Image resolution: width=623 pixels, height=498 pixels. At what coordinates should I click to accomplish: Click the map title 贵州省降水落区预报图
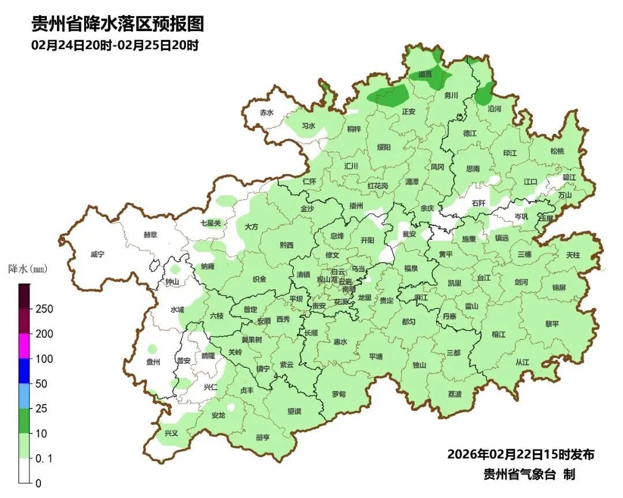pos(118,24)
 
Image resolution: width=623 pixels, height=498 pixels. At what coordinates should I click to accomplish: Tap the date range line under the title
pos(115,46)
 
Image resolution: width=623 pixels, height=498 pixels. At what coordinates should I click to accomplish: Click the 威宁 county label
pos(97,254)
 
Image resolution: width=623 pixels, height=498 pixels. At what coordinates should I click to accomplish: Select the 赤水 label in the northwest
pos(266,113)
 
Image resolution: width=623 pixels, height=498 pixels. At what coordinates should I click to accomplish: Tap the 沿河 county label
pos(494,108)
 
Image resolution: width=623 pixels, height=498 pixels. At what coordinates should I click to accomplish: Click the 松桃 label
pos(557,151)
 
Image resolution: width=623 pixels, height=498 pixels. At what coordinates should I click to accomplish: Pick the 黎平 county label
pos(552,324)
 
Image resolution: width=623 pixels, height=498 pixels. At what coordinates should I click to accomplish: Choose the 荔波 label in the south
pos(455,394)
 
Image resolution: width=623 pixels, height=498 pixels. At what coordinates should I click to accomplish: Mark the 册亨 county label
pos(262,437)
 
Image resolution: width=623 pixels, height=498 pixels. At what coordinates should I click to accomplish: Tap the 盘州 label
pos(153,362)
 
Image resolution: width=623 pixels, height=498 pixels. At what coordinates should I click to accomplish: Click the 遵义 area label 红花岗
pos(378,186)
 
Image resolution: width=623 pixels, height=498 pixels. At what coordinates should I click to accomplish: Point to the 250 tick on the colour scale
pos(44,309)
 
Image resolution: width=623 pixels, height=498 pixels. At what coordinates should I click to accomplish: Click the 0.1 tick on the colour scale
pos(44,458)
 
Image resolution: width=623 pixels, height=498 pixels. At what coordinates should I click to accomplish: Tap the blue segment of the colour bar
pos(24,371)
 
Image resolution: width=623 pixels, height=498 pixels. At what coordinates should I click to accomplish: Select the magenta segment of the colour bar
pos(24,346)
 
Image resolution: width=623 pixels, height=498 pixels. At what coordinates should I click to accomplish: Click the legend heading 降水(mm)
pos(28,269)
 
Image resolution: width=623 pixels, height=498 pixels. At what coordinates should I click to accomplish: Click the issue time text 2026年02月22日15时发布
pos(520,454)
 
